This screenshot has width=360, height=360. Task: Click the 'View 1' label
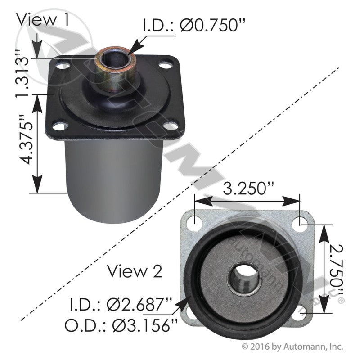(43, 19)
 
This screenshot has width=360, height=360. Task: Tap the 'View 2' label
(135, 271)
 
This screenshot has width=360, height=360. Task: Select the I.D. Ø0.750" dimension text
(194, 25)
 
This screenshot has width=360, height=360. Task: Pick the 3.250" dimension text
(248, 188)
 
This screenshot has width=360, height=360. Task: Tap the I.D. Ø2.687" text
(121, 305)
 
